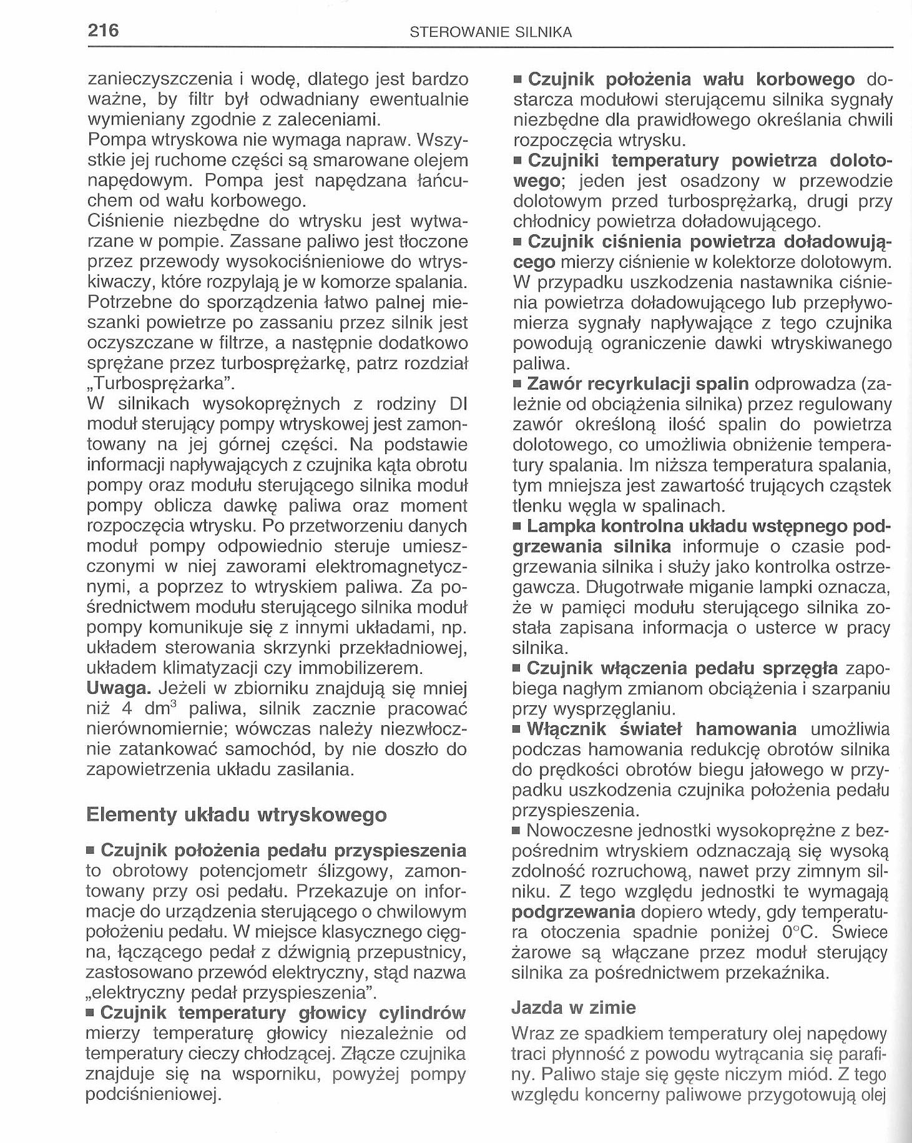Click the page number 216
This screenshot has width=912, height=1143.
point(103,30)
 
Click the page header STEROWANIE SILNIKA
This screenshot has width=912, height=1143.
point(491,32)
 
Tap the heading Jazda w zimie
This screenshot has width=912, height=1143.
point(573,1007)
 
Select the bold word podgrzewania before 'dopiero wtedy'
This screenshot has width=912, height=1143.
point(573,912)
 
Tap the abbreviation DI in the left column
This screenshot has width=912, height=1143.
point(458,403)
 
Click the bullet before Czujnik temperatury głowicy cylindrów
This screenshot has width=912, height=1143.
point(91,1014)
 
